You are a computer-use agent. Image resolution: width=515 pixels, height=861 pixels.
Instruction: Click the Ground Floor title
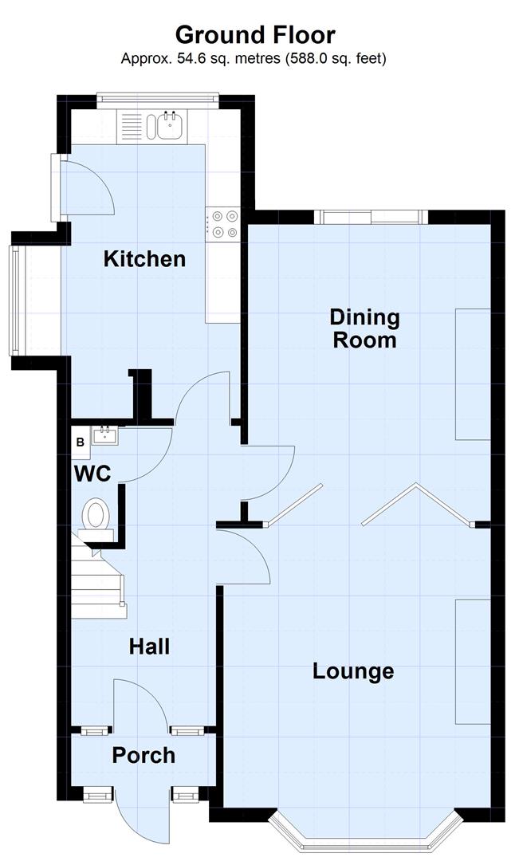pyautogui.click(x=255, y=35)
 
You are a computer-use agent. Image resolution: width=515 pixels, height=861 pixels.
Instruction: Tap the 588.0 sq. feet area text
pyautogui.click(x=332, y=59)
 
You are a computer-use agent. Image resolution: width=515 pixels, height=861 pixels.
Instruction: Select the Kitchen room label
pyautogui.click(x=145, y=259)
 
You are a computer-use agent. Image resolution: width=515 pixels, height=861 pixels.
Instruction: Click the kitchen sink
pyautogui.click(x=168, y=125)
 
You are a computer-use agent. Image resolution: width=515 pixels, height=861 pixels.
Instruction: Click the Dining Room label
pyautogui.click(x=364, y=328)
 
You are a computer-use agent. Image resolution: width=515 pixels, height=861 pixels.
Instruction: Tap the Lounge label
pyautogui.click(x=353, y=671)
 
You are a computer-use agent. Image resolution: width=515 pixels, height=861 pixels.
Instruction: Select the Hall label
pyautogui.click(x=149, y=646)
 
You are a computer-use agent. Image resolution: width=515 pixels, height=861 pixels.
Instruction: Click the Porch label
pyautogui.click(x=143, y=755)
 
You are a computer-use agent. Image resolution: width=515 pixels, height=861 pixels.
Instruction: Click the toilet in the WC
pyautogui.click(x=96, y=514)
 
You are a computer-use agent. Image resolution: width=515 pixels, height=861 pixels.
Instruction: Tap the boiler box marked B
pyautogui.click(x=81, y=442)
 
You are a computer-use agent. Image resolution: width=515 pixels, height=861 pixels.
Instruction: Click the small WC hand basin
pyautogui.click(x=104, y=435)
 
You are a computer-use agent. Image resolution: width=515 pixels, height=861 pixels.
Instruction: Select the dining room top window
pyautogui.click(x=369, y=217)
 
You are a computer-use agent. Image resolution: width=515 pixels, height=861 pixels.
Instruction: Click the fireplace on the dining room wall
pyautogui.click(x=472, y=373)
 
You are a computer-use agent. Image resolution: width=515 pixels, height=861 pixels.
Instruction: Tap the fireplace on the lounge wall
pyautogui.click(x=472, y=662)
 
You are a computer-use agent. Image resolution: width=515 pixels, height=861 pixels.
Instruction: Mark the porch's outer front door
pyautogui.click(x=142, y=817)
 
